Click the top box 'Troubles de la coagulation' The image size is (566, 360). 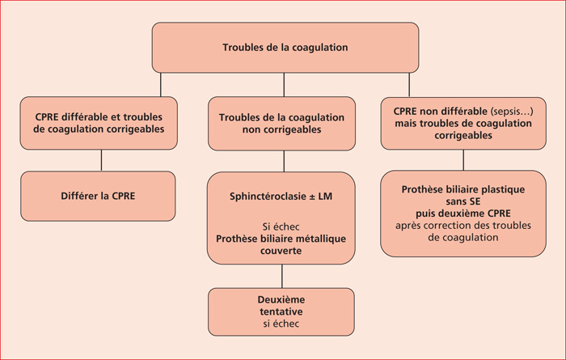coord(285,48)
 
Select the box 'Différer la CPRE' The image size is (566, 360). coord(98,196)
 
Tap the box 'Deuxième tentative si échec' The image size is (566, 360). coord(281,312)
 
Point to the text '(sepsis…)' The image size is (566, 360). coord(512,112)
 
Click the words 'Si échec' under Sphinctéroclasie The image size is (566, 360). coord(281,227)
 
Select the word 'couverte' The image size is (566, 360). coord(281,251)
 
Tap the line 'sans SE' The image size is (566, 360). coord(463,201)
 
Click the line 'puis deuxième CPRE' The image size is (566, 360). coord(463,214)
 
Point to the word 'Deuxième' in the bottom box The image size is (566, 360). coord(281,299)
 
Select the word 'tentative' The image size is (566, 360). coord(281,311)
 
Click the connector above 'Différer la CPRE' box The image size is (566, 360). coord(101,160)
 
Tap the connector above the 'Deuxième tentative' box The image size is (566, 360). coord(282,276)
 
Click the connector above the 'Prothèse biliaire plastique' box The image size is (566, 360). coord(463,160)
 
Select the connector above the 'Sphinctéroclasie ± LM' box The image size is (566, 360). coord(284,161)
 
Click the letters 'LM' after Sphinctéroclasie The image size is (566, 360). coord(325,197)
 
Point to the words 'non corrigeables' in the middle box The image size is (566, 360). coord(281,129)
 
